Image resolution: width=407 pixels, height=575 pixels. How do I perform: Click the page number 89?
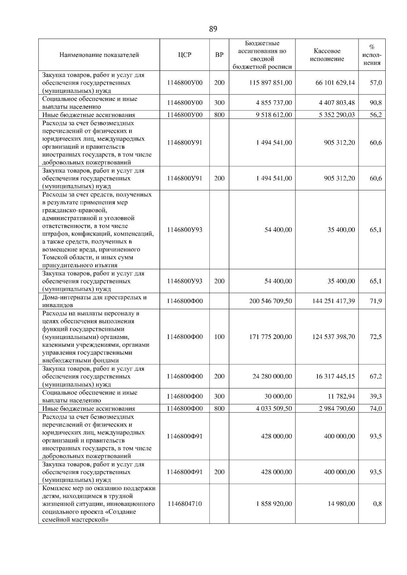pos(213,29)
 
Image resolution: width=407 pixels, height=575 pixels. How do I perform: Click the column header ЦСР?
pos(185,55)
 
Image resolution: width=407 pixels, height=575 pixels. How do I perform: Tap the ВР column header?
pos(219,55)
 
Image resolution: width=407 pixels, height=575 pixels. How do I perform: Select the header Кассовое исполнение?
pos(327,55)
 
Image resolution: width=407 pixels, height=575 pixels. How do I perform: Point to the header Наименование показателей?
pos(99,55)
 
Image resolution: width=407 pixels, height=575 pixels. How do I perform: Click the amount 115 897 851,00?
pos(271,83)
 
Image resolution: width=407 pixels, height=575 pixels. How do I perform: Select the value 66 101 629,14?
pos(335,83)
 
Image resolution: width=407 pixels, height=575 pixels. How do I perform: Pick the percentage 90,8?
pos(375,103)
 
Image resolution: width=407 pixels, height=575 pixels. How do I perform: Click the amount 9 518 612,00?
pos(274,115)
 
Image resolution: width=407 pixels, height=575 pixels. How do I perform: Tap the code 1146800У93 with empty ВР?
pos(185,230)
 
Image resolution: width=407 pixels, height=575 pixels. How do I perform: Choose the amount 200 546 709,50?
pos(270,301)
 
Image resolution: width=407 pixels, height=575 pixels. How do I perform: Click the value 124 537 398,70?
pos(333,337)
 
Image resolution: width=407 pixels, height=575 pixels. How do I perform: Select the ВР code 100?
pos(219,337)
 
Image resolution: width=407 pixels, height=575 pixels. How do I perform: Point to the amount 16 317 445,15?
pos(335,376)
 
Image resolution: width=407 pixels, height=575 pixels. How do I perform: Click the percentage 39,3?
pos(375,396)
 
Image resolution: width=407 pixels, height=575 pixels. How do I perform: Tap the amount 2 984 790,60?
pos(337,408)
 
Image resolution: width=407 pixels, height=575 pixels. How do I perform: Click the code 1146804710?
pos(185,504)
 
